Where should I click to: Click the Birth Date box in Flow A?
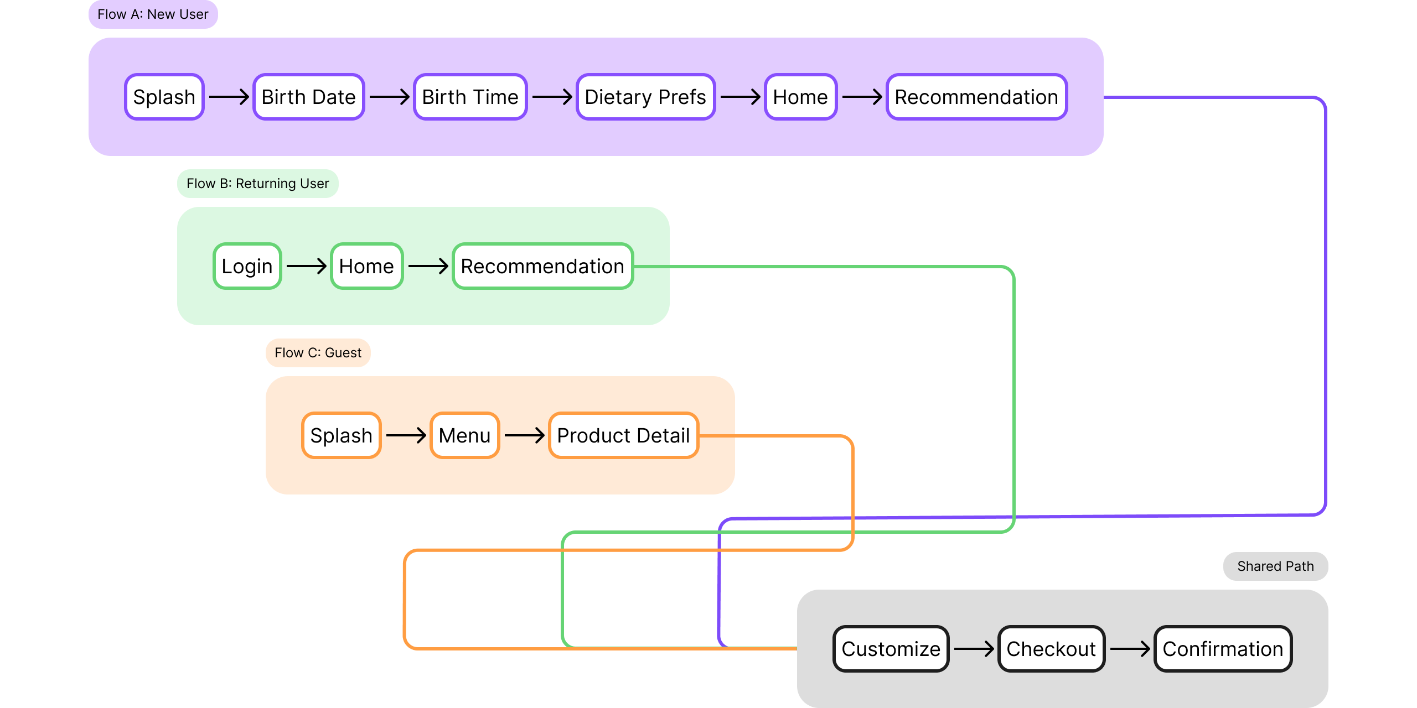tap(308, 97)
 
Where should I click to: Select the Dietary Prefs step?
tap(645, 97)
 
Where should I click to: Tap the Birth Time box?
tap(470, 97)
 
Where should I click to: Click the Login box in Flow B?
tap(247, 266)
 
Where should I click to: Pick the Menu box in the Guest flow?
tap(464, 435)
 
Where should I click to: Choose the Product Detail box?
tap(623, 435)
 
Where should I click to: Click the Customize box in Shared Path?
tap(891, 649)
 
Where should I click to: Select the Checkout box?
tap(1051, 649)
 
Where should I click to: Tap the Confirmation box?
tap(1223, 649)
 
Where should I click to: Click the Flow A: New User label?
tap(153, 14)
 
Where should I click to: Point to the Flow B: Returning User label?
tap(257, 184)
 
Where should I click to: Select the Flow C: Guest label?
tap(318, 353)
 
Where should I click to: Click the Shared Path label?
tap(1275, 566)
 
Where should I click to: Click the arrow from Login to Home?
tap(306, 266)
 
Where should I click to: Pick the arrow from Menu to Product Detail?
tap(524, 435)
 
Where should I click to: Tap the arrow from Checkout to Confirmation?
tap(1130, 649)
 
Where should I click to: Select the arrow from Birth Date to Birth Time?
tap(389, 97)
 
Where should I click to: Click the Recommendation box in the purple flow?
tap(976, 97)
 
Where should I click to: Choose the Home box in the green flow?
tap(366, 266)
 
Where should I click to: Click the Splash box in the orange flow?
tap(341, 435)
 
